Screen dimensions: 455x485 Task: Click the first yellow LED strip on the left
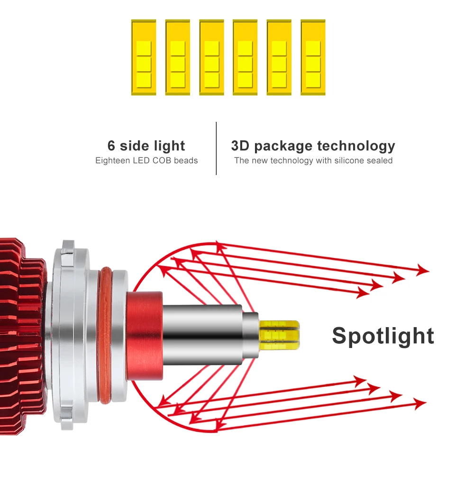144,57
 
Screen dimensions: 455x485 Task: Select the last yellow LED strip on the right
313,57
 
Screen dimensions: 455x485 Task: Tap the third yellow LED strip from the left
211,57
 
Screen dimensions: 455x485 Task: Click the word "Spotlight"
383,336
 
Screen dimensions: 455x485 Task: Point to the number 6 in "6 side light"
111,146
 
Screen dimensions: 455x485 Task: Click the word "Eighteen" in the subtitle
113,161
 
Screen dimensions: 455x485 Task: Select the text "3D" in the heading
240,146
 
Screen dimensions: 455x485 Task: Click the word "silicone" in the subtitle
348,161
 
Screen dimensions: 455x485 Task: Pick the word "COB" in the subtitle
162,161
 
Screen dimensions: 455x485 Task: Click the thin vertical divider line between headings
216,148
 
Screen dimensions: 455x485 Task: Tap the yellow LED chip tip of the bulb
280,335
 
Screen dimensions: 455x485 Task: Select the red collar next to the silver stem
145,336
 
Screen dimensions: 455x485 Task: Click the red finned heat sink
22,336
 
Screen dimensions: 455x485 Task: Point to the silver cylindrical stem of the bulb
202,335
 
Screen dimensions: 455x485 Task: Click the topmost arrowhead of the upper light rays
423,270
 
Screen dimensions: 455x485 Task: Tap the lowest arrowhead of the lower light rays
420,403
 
